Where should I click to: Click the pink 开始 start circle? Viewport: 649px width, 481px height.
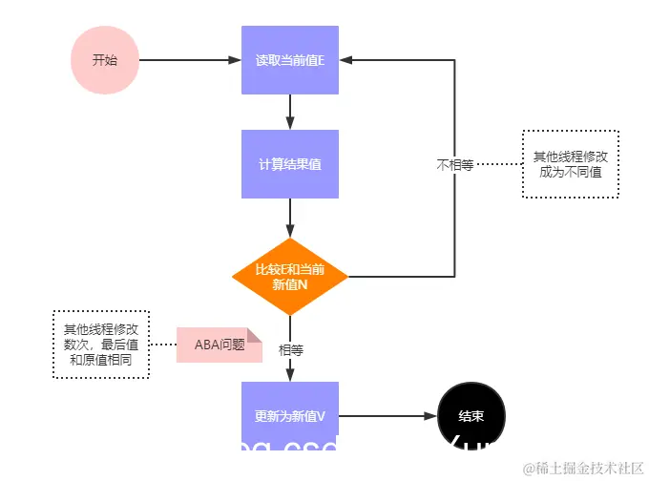(x=105, y=59)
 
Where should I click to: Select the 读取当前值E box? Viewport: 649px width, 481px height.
(x=290, y=60)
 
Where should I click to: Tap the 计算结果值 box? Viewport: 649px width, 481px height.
(x=290, y=164)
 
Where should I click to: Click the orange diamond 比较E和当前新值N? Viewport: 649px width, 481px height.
(x=290, y=277)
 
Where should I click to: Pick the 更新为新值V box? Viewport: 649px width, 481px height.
(x=290, y=416)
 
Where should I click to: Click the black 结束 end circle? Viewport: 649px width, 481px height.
(x=471, y=416)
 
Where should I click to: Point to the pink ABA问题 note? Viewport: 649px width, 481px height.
(x=219, y=345)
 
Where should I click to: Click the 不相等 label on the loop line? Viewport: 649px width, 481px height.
(x=455, y=164)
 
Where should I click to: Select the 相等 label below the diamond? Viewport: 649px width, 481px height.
(x=290, y=350)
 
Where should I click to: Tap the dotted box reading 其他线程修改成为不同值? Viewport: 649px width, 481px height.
(x=570, y=164)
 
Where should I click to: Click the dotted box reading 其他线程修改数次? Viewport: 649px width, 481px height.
(x=99, y=345)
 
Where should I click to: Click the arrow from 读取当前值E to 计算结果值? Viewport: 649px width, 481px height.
(x=290, y=112)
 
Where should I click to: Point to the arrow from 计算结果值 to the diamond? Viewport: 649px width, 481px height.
(x=290, y=218)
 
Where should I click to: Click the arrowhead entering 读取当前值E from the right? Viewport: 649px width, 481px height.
(x=346, y=60)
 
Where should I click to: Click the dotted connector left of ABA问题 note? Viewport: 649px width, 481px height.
(x=163, y=345)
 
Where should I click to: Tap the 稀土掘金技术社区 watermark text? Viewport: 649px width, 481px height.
(x=583, y=468)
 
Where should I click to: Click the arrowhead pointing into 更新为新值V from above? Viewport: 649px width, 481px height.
(x=290, y=375)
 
